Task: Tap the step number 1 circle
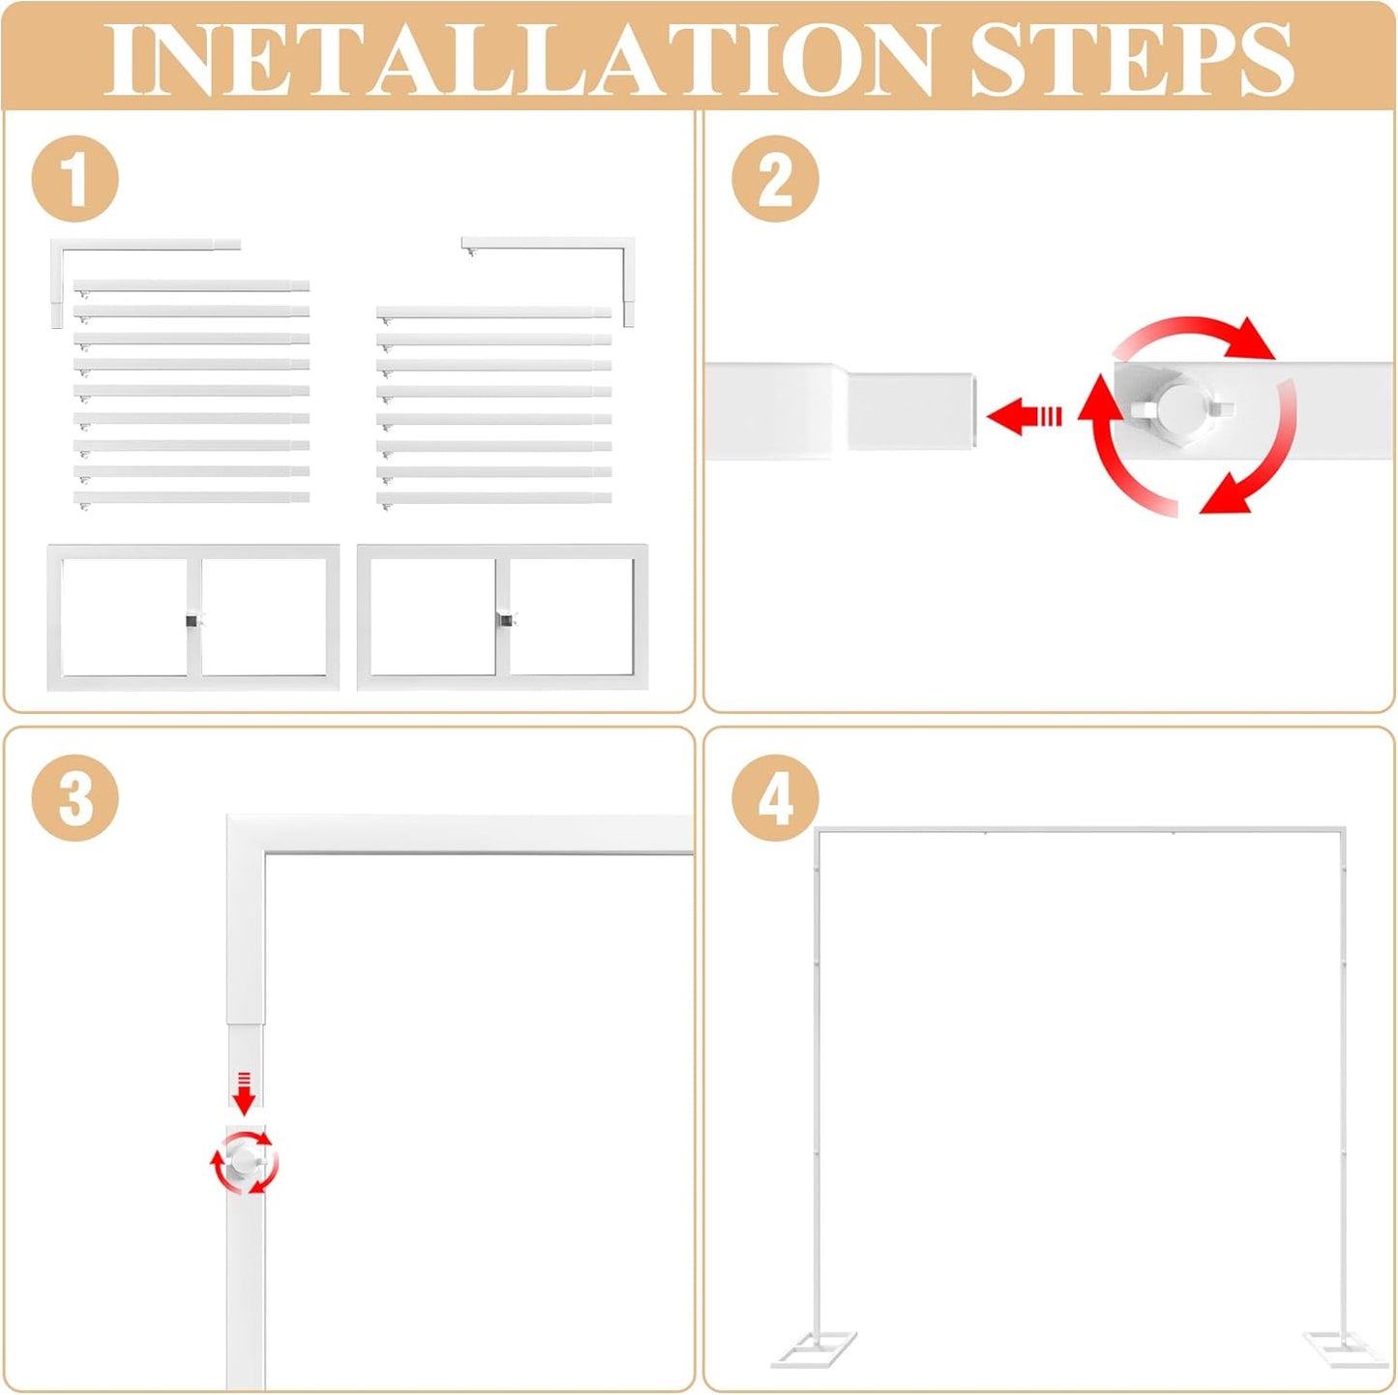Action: coord(74,180)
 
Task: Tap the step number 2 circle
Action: coord(775,179)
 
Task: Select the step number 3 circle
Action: coord(74,798)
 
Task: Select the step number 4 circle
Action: coord(775,798)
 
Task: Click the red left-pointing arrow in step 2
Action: coord(1024,416)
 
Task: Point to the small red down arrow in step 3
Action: coord(245,1094)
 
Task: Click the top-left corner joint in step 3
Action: coord(246,834)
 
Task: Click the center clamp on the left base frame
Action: coord(193,619)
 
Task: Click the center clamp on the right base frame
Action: coord(504,619)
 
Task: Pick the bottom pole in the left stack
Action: coord(192,498)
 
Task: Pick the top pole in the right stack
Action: coord(493,312)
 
